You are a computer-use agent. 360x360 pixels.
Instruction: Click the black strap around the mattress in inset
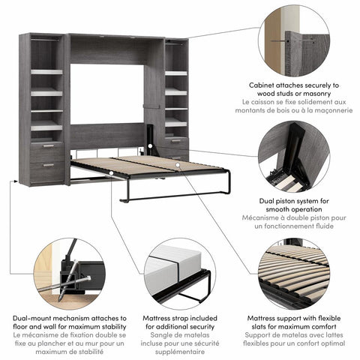click(x=180, y=271)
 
